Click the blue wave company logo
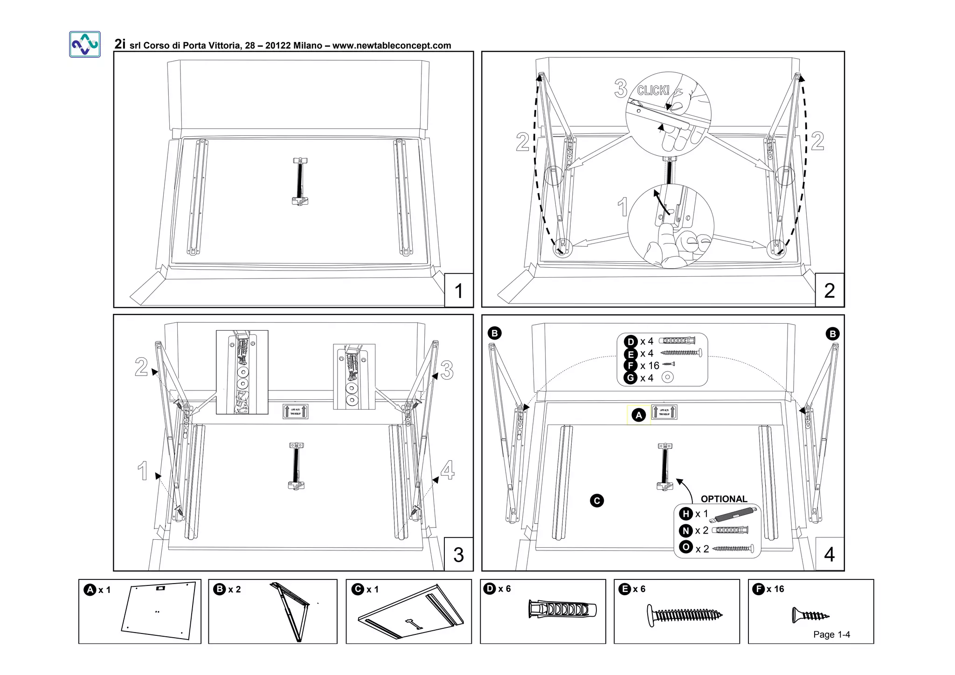point(85,44)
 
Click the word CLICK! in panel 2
point(653,90)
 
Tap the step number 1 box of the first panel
point(459,291)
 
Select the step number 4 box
point(829,554)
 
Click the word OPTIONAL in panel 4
point(724,499)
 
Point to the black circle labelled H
point(685,514)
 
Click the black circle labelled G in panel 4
point(630,378)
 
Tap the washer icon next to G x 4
point(668,377)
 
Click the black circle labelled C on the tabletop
point(597,501)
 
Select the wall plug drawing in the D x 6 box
point(562,609)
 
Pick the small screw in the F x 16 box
point(810,615)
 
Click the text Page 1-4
point(831,634)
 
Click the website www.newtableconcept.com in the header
point(392,46)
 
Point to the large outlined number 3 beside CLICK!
point(621,88)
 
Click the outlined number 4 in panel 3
point(447,470)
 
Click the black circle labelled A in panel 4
point(639,415)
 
